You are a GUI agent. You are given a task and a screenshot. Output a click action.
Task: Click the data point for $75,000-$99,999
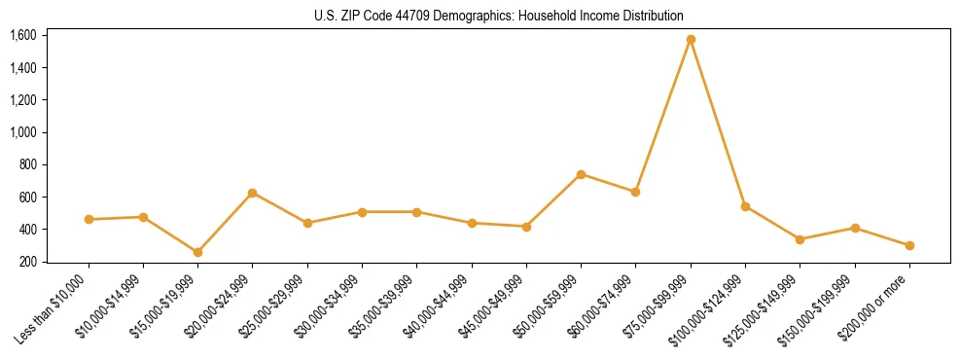(691, 40)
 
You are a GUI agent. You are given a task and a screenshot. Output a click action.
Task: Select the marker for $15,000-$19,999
(197, 252)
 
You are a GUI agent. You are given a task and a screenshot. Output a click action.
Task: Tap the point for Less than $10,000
(89, 220)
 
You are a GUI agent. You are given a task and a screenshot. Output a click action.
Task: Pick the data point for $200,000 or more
(909, 245)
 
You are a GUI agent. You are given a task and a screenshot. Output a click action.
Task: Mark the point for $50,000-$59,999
(581, 174)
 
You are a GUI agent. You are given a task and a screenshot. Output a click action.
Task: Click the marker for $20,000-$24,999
(253, 193)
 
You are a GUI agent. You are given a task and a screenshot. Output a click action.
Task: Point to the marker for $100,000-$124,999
(745, 206)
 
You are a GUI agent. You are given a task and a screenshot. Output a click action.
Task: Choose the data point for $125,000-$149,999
(800, 239)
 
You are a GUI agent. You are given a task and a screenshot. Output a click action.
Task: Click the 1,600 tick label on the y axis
(23, 35)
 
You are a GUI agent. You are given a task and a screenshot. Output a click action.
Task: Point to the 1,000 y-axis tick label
(23, 132)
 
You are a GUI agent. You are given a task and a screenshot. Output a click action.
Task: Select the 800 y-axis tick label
(28, 164)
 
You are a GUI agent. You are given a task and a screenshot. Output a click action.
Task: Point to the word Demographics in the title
(466, 17)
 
